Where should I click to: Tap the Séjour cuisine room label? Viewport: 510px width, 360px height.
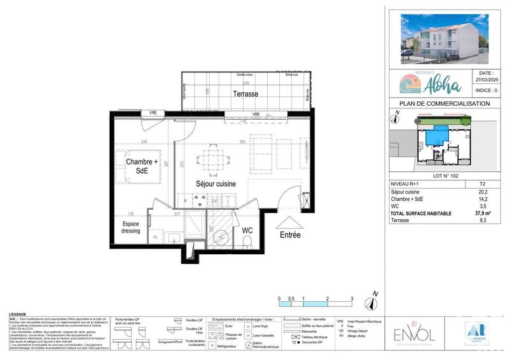215,184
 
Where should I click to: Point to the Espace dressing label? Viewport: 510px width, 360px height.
131,227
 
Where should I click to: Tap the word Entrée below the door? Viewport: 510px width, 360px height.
290,234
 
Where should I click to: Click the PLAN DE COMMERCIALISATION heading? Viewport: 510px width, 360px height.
444,104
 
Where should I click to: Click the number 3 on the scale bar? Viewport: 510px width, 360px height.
351,298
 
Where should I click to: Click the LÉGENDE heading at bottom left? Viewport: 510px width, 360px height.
18,315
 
